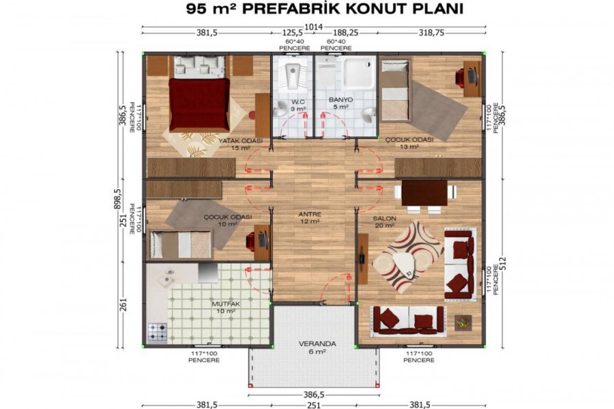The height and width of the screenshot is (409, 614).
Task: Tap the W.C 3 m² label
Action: (298, 105)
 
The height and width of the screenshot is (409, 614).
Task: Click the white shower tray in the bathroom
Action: (359, 73)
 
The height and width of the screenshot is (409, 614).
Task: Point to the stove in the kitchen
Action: (157, 332)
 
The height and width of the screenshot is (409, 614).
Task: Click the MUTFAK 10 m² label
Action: (226, 307)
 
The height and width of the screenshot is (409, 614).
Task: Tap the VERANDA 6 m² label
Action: (317, 348)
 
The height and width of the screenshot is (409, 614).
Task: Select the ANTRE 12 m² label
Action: (310, 217)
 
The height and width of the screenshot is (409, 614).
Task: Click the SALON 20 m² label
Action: (384, 222)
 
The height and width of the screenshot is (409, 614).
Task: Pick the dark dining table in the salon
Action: (424, 192)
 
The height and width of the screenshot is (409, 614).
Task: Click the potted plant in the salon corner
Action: (463, 322)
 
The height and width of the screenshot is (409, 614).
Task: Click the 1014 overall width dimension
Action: (313, 27)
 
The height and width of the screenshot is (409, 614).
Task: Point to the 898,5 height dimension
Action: (118, 199)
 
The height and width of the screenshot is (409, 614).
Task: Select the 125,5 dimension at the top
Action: (293, 33)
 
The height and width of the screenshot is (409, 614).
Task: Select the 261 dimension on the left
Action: (123, 305)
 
